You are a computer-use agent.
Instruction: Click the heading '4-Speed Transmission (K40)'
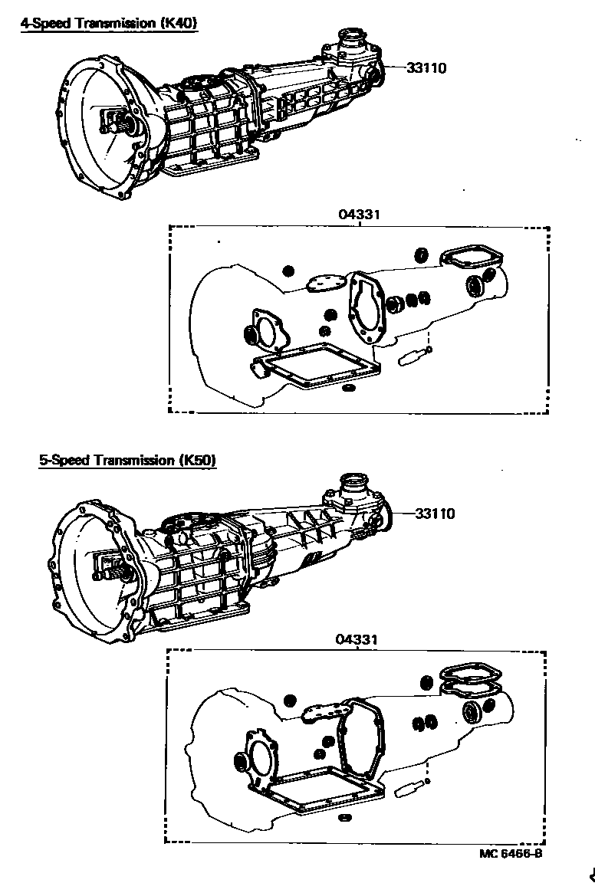pos(108,23)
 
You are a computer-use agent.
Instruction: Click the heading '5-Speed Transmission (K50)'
pos(128,460)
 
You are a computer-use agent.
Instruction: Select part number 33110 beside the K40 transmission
pos(426,68)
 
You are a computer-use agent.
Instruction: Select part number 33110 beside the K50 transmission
pos(435,514)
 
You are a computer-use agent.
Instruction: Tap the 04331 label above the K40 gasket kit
pos(360,215)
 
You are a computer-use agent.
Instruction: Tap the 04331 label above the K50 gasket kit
pos(356,638)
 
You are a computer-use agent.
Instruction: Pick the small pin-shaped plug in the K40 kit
pos(413,356)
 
